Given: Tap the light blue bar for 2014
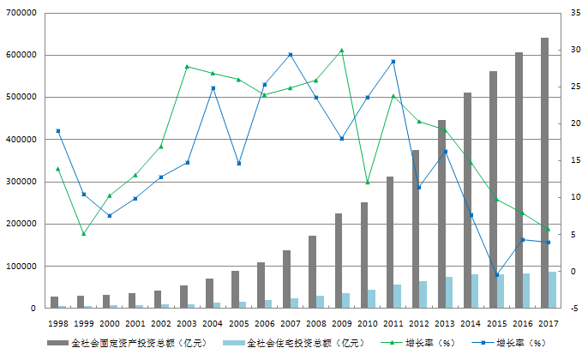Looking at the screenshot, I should (x=475, y=291).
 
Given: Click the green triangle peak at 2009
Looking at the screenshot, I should (x=342, y=51).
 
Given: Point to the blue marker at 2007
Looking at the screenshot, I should (x=291, y=55).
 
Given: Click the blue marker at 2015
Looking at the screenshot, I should (x=496, y=275).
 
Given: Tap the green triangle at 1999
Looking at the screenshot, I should (x=83, y=233).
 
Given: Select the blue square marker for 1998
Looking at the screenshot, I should (x=57, y=131).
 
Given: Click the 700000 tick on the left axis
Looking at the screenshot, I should (x=22, y=13).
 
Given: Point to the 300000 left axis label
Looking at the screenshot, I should (x=22, y=182).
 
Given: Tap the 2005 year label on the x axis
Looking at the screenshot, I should (x=238, y=323).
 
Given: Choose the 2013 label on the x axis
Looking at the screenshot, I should (x=444, y=323).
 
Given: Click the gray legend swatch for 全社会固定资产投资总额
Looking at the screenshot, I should (x=57, y=343).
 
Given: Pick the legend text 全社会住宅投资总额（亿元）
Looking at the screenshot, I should (x=296, y=343).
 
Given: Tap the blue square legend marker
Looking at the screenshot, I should (x=483, y=343).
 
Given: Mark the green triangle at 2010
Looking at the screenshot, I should (x=368, y=183).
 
